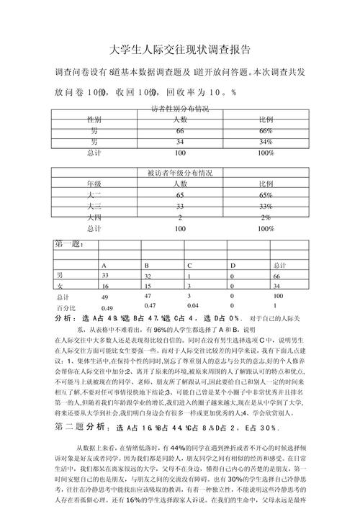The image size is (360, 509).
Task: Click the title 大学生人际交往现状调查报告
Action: (179, 50)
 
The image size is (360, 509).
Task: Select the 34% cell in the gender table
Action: (265, 143)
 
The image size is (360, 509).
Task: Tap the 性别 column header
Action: (94, 120)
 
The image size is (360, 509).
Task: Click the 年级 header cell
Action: (94, 184)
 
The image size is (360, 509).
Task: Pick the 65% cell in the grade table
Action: (265, 195)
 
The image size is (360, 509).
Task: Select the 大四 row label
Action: (94, 217)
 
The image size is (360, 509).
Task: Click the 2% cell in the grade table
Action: (265, 217)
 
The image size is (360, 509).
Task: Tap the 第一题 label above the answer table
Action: (70, 244)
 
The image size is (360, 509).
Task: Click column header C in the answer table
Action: (190, 266)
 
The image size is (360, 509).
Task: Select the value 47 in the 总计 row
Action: (148, 296)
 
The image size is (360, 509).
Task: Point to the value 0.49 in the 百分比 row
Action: (107, 308)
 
